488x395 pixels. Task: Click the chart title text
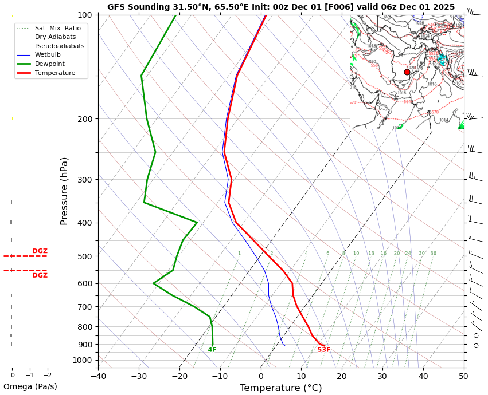click(x=281, y=7)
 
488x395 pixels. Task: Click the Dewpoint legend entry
click(x=49, y=64)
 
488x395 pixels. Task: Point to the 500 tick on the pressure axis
click(x=85, y=256)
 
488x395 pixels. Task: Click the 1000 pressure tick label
click(x=83, y=360)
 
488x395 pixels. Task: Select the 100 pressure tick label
click(x=85, y=15)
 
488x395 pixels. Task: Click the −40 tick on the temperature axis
click(x=98, y=376)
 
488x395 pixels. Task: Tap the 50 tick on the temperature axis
click(x=463, y=376)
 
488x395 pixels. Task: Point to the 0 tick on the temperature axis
click(x=261, y=376)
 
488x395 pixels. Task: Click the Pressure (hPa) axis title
click(x=65, y=191)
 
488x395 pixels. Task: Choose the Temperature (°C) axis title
click(x=281, y=388)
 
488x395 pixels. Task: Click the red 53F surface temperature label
click(x=324, y=350)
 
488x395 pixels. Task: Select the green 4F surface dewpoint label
click(x=212, y=350)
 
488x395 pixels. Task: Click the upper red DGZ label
click(x=40, y=251)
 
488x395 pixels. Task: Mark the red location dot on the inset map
click(x=407, y=72)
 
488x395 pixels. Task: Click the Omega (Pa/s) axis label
click(x=30, y=386)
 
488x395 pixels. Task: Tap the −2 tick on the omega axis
click(x=47, y=376)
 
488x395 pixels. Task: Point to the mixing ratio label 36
click(x=434, y=254)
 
